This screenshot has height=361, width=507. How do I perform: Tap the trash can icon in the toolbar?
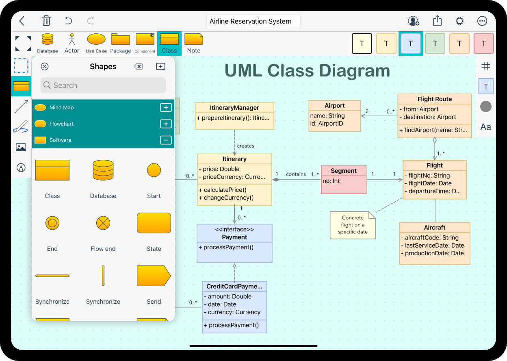(46, 21)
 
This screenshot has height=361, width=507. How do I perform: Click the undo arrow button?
(68, 21)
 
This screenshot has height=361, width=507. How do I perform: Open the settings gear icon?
(459, 21)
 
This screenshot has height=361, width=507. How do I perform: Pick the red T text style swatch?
(483, 43)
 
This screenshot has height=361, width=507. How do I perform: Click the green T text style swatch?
(435, 43)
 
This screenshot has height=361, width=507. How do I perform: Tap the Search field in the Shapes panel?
(103, 85)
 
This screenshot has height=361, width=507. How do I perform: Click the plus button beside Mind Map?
(165, 108)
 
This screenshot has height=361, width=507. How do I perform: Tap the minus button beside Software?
(165, 140)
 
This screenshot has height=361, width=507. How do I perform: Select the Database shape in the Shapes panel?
(103, 170)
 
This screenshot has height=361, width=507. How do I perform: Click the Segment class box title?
(343, 171)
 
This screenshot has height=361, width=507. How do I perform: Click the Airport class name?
(334, 106)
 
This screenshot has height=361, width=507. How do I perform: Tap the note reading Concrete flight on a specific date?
(352, 225)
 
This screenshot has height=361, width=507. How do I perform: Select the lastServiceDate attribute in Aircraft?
(434, 246)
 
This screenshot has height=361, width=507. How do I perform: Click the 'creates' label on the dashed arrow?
(245, 146)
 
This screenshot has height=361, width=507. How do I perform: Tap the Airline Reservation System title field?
(253, 21)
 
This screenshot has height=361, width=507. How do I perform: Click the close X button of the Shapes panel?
(45, 67)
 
